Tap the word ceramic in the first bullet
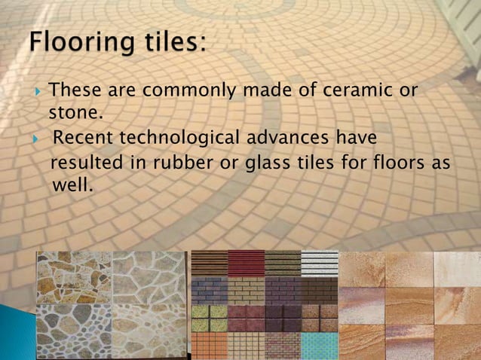pos(349,90)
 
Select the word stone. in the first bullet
pos(75,114)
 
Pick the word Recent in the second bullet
pos(84,139)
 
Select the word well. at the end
pos(72,185)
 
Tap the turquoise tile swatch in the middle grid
pos(320,345)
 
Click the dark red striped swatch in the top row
pos(246,263)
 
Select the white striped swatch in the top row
pos(320,263)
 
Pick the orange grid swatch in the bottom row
pos(209,345)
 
